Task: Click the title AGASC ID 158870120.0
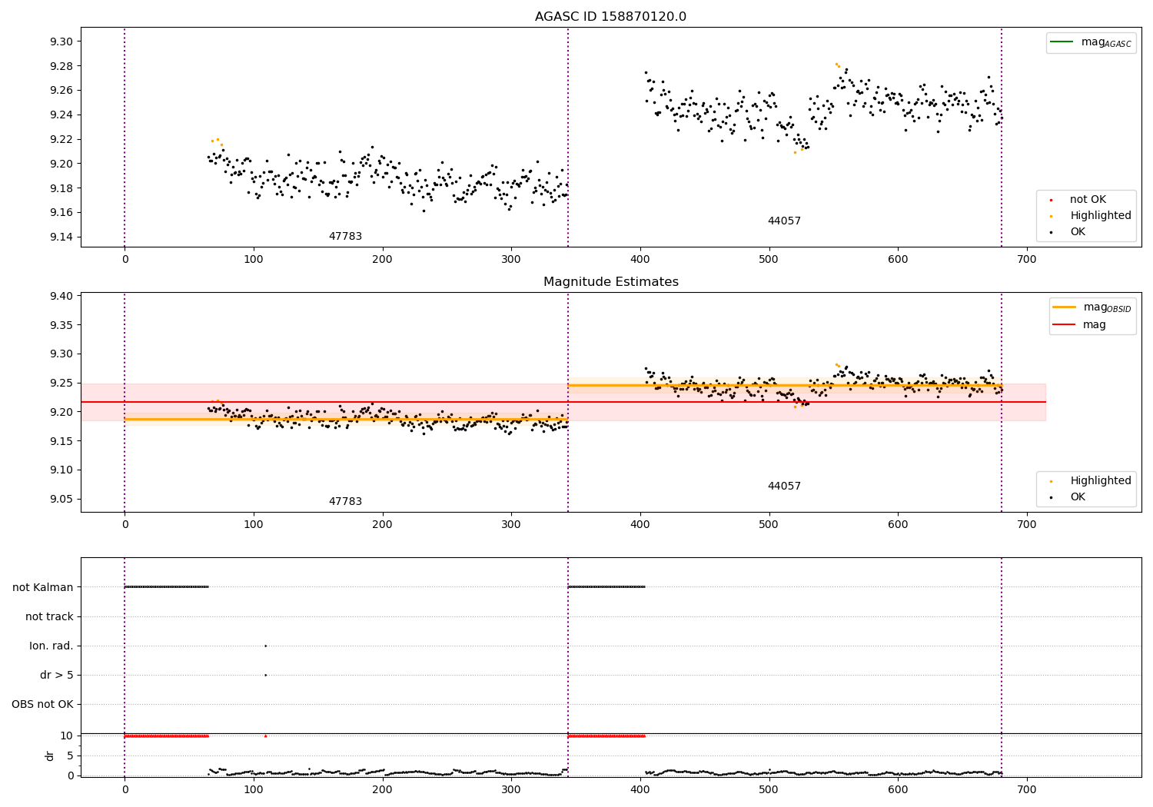click(610, 17)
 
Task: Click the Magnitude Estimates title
click(610, 282)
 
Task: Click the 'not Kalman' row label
click(43, 587)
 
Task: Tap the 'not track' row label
click(49, 616)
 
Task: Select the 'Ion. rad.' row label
click(52, 646)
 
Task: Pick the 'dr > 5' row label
click(56, 675)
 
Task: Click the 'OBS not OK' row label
click(42, 704)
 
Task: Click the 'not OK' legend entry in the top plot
click(1088, 200)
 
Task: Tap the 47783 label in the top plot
click(345, 237)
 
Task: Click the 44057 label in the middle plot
click(784, 487)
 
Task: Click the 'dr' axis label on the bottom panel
click(50, 756)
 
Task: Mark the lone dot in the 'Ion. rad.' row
click(265, 646)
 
